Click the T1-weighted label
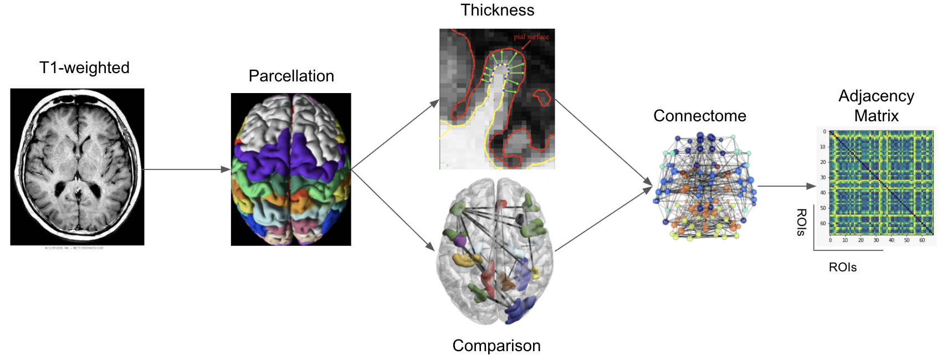[x=84, y=68]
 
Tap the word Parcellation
[x=291, y=76]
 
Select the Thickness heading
[x=497, y=10]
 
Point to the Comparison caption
[x=496, y=346]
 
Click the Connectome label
[x=699, y=116]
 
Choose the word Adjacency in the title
[x=876, y=96]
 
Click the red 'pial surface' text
[x=531, y=37]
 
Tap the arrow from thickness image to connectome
[x=603, y=142]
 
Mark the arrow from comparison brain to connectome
[x=603, y=219]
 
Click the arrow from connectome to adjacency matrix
[x=786, y=186]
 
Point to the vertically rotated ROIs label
[x=801, y=222]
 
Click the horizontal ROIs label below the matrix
[x=842, y=268]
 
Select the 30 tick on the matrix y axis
[x=823, y=178]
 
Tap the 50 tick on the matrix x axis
[x=907, y=240]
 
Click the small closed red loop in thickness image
[x=542, y=98]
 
